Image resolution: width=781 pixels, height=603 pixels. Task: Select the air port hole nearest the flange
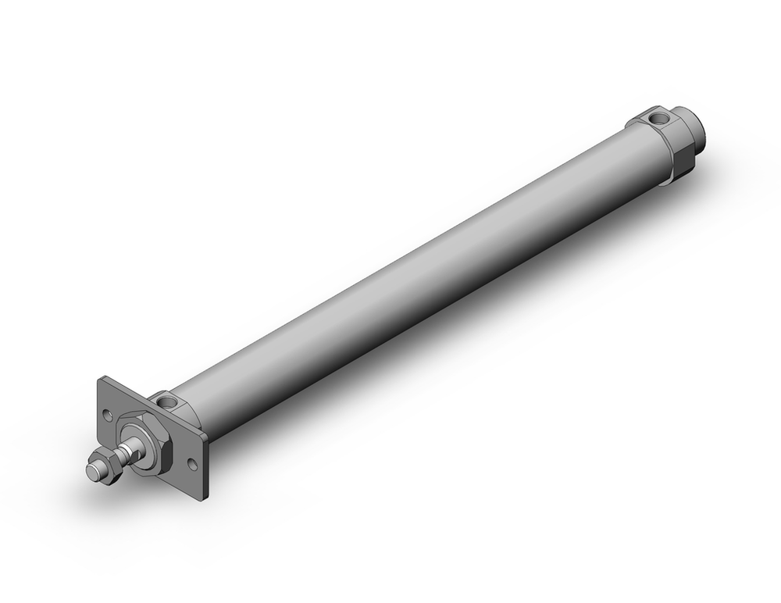169,404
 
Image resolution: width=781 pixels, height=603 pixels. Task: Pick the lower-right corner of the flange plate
205,497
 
